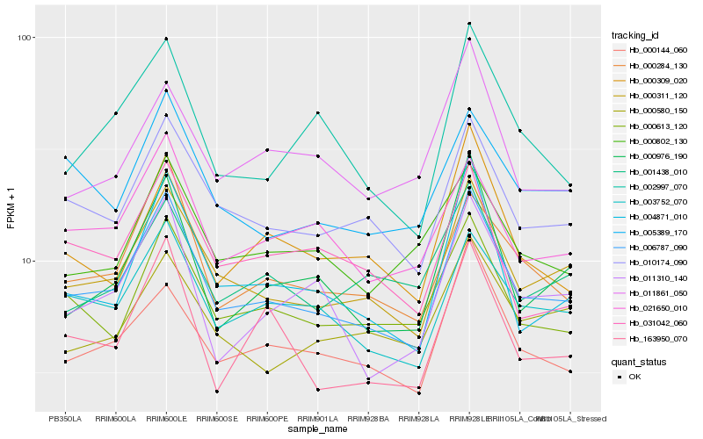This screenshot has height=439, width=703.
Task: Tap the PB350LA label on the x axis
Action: pyautogui.click(x=65, y=418)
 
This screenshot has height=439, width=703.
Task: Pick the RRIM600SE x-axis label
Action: pyautogui.click(x=217, y=418)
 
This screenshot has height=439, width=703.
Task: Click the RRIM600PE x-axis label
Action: pyautogui.click(x=267, y=418)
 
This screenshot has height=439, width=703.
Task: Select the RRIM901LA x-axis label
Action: pyautogui.click(x=318, y=418)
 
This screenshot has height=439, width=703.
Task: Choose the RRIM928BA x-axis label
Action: pyautogui.click(x=368, y=418)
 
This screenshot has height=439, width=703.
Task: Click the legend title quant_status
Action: pyautogui.click(x=639, y=362)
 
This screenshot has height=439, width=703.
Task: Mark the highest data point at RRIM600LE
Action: pyautogui.click(x=166, y=39)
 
